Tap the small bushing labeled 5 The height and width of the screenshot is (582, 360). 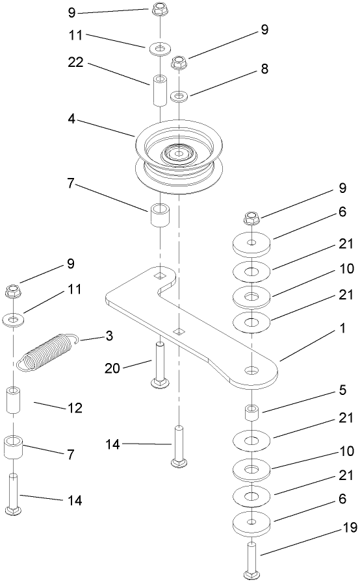[x=252, y=413]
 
